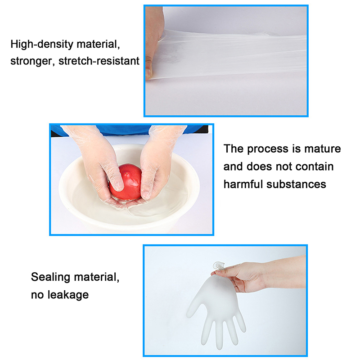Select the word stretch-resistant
[99, 61]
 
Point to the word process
[267, 149]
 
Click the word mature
[323, 149]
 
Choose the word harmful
[243, 184]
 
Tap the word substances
[296, 184]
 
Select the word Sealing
[50, 277]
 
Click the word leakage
[68, 295]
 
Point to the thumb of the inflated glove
[194, 307]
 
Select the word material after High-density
[98, 44]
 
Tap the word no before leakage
[37, 295]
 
